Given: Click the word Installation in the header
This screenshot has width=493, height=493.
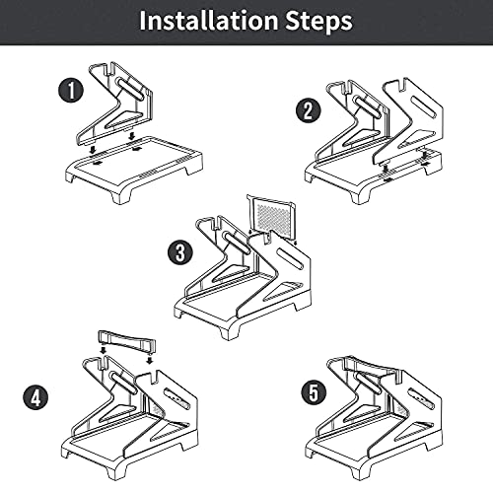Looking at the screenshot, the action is click(x=209, y=21).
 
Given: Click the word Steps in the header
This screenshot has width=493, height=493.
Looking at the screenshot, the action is click(x=318, y=22).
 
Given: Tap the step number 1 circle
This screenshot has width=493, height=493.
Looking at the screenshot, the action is click(x=71, y=90).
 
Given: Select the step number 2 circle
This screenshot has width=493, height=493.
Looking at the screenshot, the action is click(x=308, y=110).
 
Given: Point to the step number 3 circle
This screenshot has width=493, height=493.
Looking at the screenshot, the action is click(x=180, y=252).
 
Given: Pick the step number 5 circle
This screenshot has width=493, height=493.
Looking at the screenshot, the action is click(x=314, y=393).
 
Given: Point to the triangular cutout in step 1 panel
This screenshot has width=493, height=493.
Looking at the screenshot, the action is click(x=124, y=120).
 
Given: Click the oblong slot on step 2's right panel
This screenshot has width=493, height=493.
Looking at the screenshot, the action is click(x=424, y=107).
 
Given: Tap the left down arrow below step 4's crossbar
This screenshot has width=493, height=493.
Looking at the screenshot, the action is click(x=104, y=349).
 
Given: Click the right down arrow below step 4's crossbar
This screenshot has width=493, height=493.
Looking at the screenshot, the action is click(x=150, y=359).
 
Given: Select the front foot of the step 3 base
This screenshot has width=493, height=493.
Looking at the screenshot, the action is click(x=230, y=330).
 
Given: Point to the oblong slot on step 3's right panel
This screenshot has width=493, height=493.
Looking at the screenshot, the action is click(x=291, y=259).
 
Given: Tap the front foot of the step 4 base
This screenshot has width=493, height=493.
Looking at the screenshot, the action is click(x=117, y=471).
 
